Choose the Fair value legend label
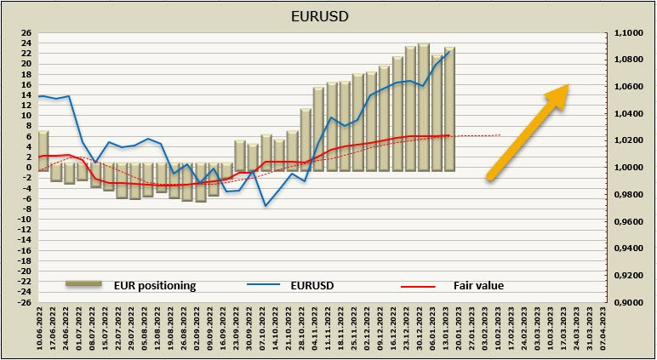(479, 285)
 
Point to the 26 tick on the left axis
(26, 33)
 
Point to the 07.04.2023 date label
(603, 330)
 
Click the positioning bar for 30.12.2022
(423, 106)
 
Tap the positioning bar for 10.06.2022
(43, 150)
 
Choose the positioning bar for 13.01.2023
(449, 109)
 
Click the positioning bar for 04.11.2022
(318, 128)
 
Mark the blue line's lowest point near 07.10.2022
(266, 205)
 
